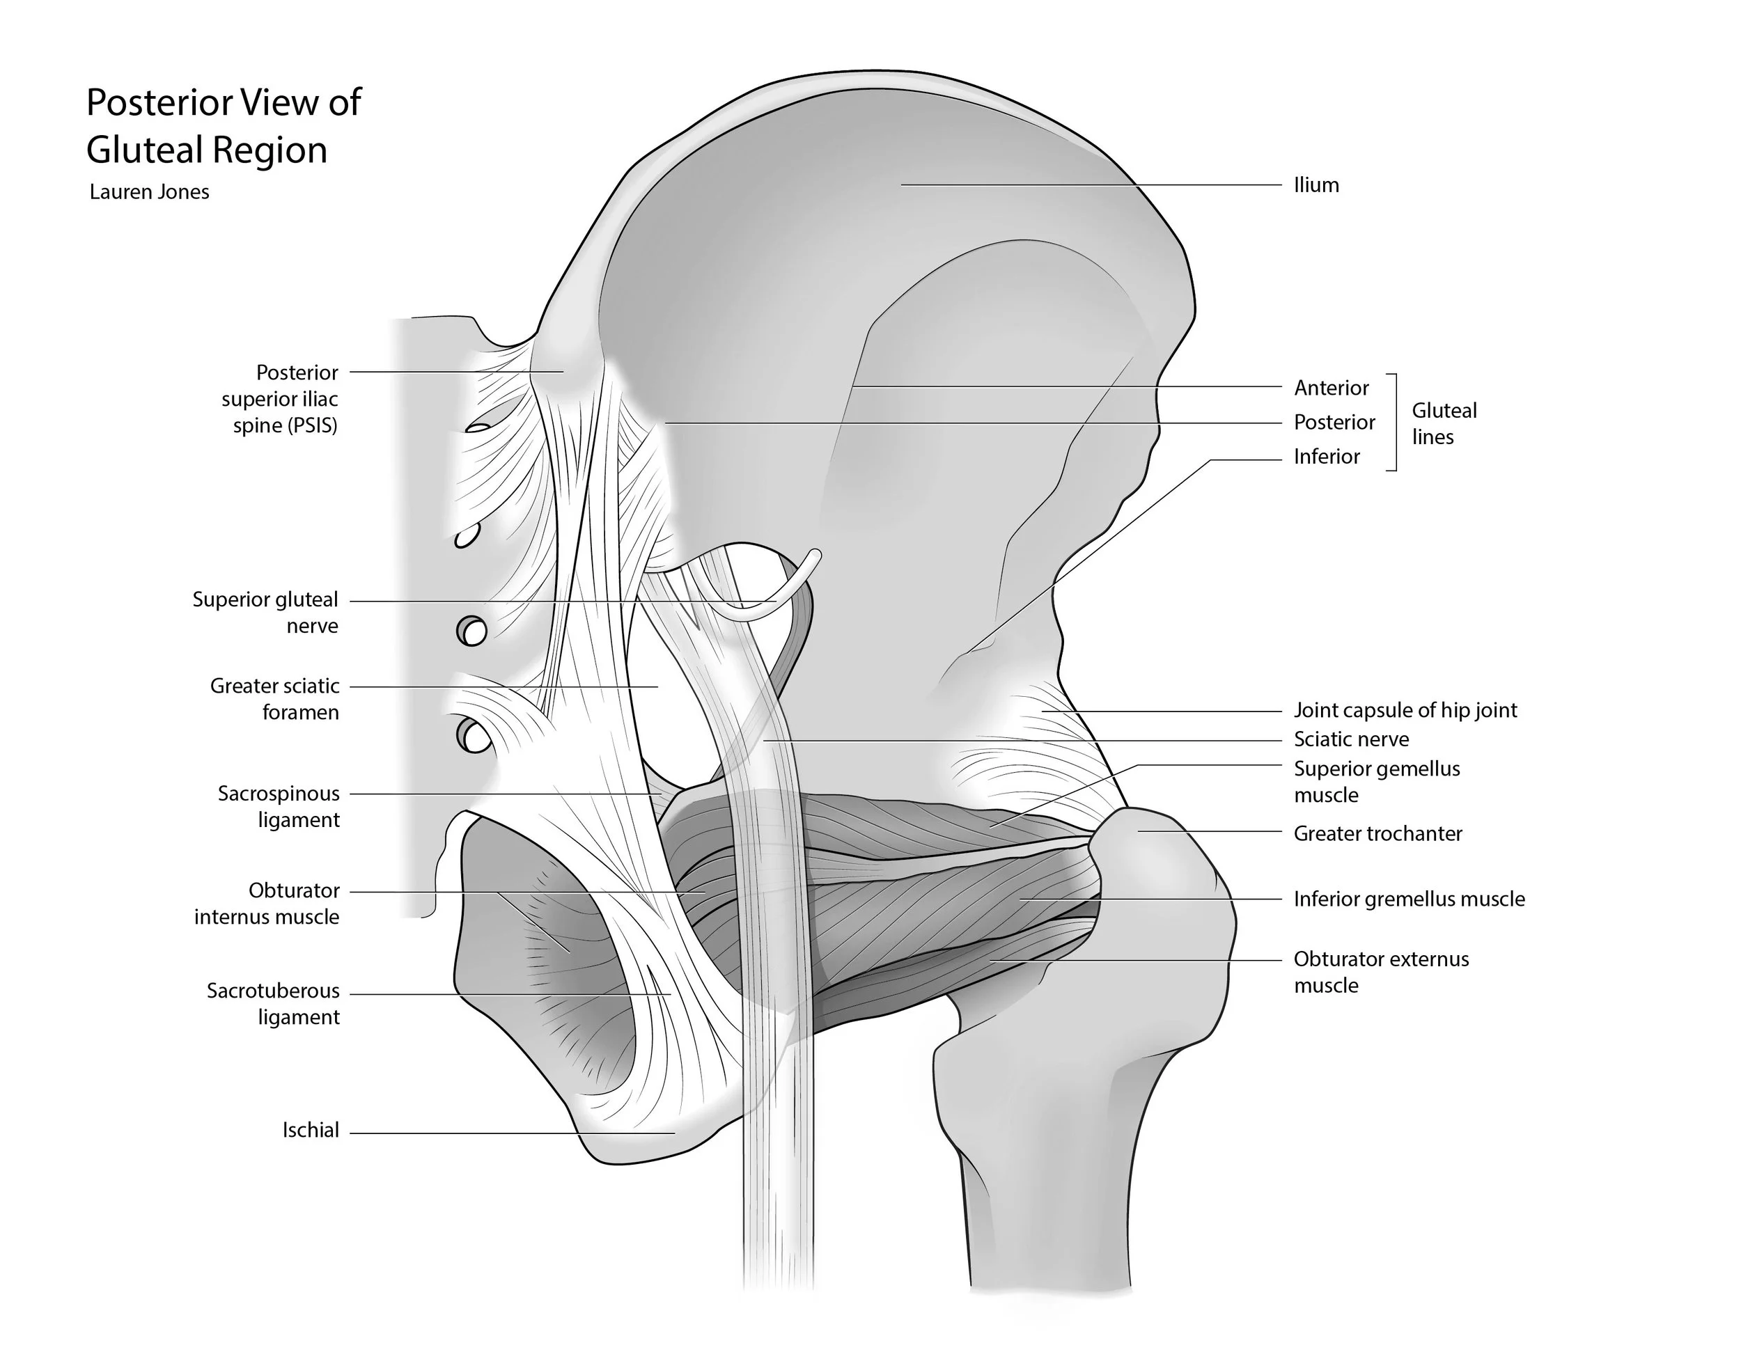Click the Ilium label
[x=1316, y=186]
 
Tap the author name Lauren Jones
[x=149, y=192]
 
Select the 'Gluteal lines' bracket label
[x=1444, y=423]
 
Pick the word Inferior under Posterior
[x=1327, y=457]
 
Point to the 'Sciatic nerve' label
[x=1350, y=739]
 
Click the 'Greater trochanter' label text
[x=1377, y=833]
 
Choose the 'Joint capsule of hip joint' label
[x=1405, y=710]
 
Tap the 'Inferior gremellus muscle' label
[x=1409, y=899]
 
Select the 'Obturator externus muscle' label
[x=1381, y=971]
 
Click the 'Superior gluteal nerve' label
[x=265, y=612]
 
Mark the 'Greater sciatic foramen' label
[x=275, y=699]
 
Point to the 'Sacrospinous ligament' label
[x=279, y=806]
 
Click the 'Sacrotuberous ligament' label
[x=274, y=1003]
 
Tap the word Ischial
[x=311, y=1130]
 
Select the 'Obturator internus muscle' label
[x=267, y=904]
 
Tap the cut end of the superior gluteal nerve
[x=814, y=555]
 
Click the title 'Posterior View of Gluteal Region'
[x=224, y=126]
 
